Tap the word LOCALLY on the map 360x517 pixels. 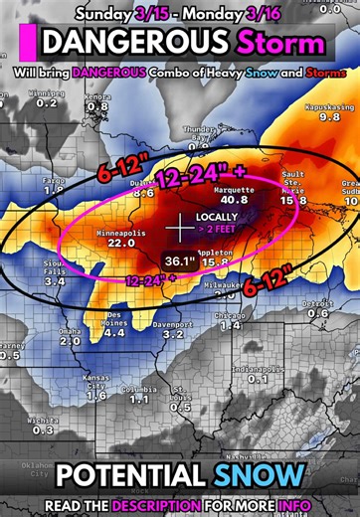coord(218,216)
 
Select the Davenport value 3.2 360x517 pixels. coord(173,335)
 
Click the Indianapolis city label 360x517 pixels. coord(258,369)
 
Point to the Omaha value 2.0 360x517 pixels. coord(70,341)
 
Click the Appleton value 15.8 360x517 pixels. coord(218,262)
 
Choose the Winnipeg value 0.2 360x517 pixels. coord(47,102)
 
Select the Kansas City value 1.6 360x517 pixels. coord(96,395)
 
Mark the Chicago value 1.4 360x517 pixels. coord(231,326)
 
